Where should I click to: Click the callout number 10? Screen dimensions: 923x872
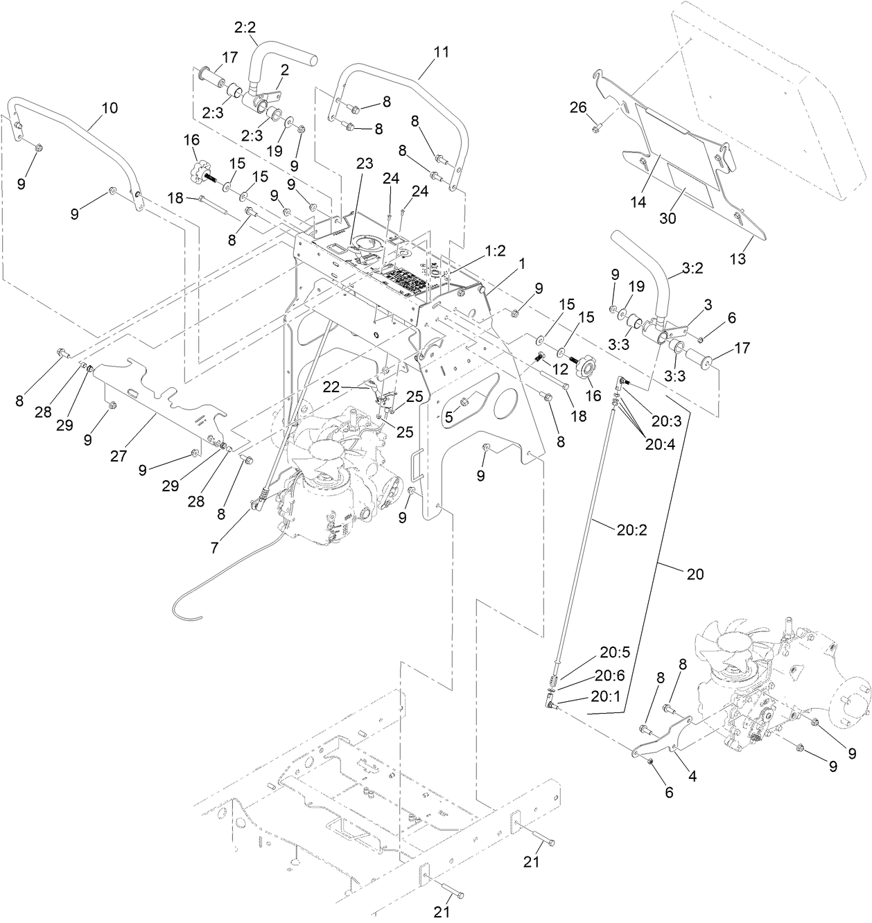pyautogui.click(x=110, y=108)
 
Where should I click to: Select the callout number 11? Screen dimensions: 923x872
pyautogui.click(x=442, y=51)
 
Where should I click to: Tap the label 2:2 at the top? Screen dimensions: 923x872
pyautogui.click(x=245, y=28)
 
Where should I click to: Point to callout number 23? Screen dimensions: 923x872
pyautogui.click(x=365, y=163)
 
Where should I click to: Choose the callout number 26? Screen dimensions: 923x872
pyautogui.click(x=578, y=107)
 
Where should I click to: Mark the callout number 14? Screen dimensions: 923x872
pyautogui.click(x=638, y=202)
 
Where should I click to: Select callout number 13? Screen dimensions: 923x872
pyautogui.click(x=738, y=259)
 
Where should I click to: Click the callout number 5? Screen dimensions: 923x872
pyautogui.click(x=449, y=417)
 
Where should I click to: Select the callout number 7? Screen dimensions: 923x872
pyautogui.click(x=215, y=547)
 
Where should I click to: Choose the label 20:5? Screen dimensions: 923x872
pyautogui.click(x=614, y=652)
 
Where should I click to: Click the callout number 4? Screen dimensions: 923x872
pyautogui.click(x=692, y=776)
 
